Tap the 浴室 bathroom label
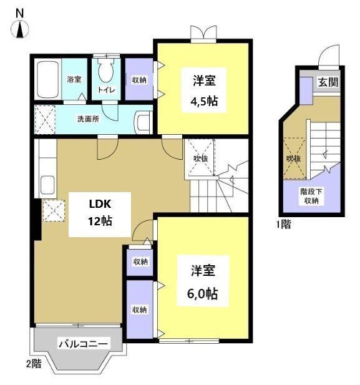point(74,79)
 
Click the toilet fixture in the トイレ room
point(107,71)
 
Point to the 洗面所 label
point(88,118)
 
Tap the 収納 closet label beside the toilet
point(139,80)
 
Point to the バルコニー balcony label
point(84,343)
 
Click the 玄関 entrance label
point(328,82)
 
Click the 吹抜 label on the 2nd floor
point(200,158)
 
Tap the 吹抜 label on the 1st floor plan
point(293,159)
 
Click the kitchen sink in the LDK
point(47,185)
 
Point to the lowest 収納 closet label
point(139,309)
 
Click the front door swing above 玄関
point(328,59)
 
